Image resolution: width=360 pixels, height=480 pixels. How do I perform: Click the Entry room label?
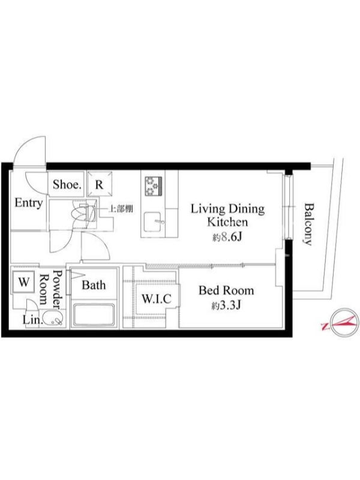(28, 203)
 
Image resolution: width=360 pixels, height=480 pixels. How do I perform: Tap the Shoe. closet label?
(67, 184)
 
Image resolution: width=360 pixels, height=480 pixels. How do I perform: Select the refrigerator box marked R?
(100, 184)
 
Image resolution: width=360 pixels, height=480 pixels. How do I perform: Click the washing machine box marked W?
(23, 282)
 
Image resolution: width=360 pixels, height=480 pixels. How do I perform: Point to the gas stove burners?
(153, 186)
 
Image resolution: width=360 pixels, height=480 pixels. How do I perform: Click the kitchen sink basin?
(154, 221)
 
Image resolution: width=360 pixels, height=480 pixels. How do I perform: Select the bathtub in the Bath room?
(94, 315)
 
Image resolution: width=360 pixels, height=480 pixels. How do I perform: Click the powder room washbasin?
(53, 318)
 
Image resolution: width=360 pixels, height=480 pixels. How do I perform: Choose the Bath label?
(94, 285)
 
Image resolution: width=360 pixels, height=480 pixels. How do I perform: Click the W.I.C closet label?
(156, 298)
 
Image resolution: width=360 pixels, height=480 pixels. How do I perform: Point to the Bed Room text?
(226, 290)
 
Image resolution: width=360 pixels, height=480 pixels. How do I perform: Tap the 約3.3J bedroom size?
(226, 305)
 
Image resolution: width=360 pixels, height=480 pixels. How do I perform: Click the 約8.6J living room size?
(227, 237)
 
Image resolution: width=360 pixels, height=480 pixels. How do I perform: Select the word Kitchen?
(227, 222)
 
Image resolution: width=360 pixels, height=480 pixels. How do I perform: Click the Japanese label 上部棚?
(121, 209)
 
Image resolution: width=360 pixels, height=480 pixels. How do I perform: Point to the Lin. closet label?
(32, 320)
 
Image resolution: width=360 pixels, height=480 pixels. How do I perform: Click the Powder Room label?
(51, 288)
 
